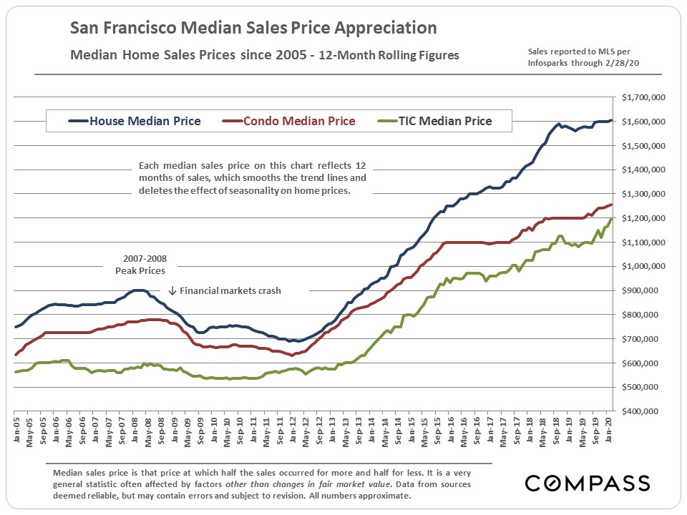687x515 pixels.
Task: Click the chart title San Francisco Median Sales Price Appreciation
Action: pyautogui.click(x=253, y=29)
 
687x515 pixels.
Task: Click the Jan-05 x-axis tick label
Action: pyautogui.click(x=15, y=436)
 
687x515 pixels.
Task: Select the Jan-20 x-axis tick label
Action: pyautogui.click(x=610, y=436)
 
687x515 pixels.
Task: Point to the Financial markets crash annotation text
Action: pyautogui.click(x=230, y=291)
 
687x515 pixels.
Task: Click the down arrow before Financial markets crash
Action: pyautogui.click(x=172, y=291)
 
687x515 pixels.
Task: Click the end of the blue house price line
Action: pyautogui.click(x=611, y=120)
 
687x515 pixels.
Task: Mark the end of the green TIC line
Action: pyautogui.click(x=611, y=219)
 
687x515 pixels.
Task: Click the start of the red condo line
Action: pyautogui.click(x=15, y=355)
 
